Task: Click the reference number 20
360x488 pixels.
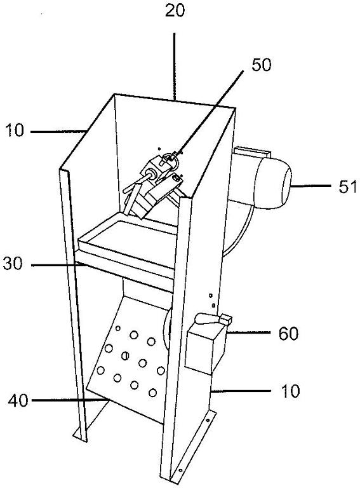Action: coord(175,11)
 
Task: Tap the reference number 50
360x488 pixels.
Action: coord(262,65)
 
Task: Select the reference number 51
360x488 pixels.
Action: coord(347,187)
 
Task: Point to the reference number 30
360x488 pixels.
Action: coord(13,264)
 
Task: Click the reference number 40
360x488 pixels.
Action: coord(18,400)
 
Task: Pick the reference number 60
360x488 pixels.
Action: coord(288,334)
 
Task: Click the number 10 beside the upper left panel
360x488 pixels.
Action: coord(15,130)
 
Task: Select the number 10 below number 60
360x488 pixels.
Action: coord(290,391)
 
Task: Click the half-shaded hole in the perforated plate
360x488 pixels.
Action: coord(125,355)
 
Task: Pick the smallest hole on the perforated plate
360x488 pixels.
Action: coord(118,328)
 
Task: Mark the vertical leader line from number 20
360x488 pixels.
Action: coord(175,66)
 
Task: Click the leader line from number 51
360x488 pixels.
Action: coord(311,186)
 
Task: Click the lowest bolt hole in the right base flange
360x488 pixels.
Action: coord(181,470)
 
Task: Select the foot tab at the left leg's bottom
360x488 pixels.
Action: coord(80,437)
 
